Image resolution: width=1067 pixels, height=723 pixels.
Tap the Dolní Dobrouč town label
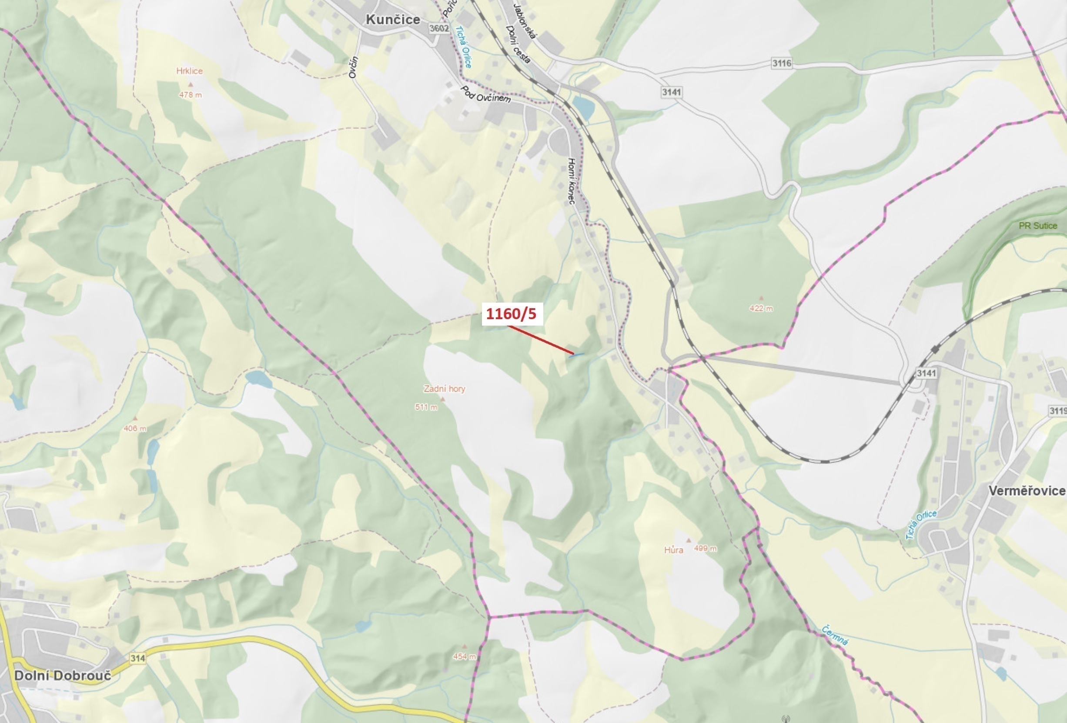pos(63,675)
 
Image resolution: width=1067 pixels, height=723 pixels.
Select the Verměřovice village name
pos(1027,490)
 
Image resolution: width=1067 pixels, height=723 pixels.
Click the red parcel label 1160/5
pos(512,314)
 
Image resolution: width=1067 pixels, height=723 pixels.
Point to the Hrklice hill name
pos(189,71)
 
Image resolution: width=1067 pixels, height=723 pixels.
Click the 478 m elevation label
pos(190,95)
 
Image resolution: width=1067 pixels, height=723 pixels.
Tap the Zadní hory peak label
pos(444,389)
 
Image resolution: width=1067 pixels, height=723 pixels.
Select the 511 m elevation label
pos(426,407)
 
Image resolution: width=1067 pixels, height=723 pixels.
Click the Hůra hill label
pos(673,550)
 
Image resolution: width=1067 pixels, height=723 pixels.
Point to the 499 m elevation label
pos(705,548)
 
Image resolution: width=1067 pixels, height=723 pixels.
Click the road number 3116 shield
pos(781,63)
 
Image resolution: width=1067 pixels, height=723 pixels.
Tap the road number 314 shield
pos(138,658)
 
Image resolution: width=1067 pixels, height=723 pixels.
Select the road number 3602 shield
pos(438,28)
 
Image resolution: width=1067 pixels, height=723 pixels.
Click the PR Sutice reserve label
pos(1037,226)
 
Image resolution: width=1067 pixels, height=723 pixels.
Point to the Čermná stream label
pos(834,635)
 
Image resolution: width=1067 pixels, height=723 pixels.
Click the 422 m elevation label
pos(761,308)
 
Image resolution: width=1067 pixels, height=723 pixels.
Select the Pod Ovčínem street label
pos(486,94)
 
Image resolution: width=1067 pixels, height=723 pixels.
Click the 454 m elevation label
pos(464,656)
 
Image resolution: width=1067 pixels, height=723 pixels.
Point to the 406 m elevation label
pos(135,429)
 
